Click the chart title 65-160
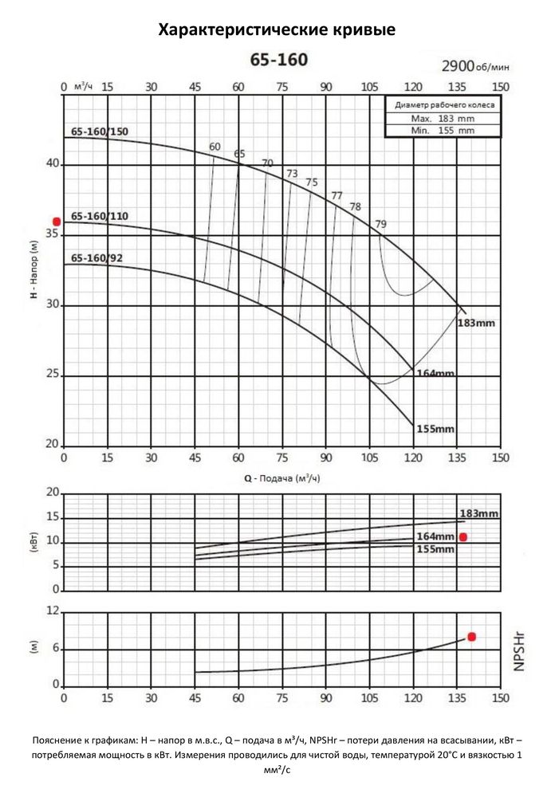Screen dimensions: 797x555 279,60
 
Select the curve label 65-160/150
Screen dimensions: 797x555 99,132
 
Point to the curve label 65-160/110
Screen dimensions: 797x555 99,216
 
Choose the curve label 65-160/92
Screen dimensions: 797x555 96,258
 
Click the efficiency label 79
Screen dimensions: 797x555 380,224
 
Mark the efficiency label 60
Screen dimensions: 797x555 215,147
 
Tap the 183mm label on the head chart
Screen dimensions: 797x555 477,324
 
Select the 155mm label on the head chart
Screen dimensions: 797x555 435,429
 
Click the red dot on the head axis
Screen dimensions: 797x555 57,222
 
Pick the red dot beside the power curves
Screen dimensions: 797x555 463,537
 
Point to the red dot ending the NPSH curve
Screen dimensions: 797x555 471,637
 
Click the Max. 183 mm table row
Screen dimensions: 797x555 444,118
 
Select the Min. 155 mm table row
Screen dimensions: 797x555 444,130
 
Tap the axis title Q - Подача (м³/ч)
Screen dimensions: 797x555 275,478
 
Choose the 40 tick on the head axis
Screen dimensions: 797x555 53,164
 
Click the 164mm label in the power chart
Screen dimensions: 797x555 435,536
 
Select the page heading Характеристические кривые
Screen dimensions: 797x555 277,30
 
